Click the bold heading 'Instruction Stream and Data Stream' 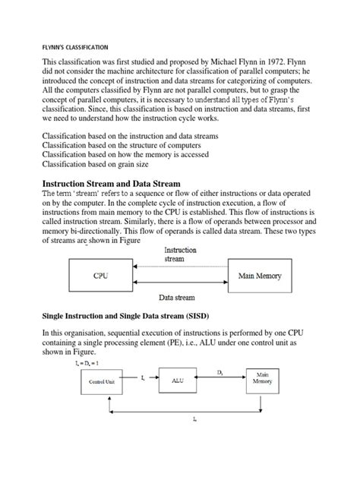(121, 184)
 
